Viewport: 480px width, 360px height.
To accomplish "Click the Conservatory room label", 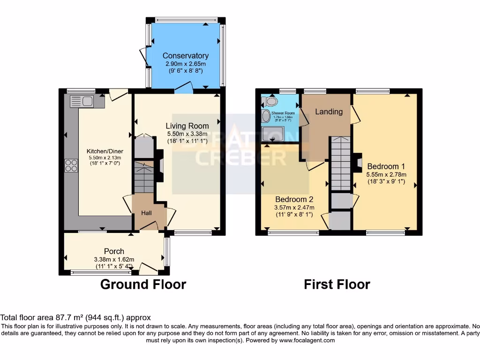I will pyautogui.click(x=185, y=56).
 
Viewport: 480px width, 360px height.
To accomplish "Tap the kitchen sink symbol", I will pyautogui.click(x=82, y=101).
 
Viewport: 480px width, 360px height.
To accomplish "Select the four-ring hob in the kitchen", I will pyautogui.click(x=71, y=165).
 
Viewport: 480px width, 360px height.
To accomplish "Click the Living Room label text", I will pyautogui.click(x=187, y=126).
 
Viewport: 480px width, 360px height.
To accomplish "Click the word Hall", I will pyautogui.click(x=147, y=213).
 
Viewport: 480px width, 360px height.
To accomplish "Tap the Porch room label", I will pyautogui.click(x=114, y=251).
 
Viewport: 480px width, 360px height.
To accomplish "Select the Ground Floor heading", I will pyautogui.click(x=143, y=284).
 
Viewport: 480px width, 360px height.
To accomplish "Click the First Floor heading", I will pyautogui.click(x=337, y=284).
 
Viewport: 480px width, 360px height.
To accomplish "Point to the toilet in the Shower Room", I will pyautogui.click(x=270, y=101).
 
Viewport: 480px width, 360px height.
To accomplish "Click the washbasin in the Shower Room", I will pyautogui.click(x=266, y=116).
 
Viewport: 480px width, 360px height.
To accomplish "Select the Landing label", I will pyautogui.click(x=329, y=112).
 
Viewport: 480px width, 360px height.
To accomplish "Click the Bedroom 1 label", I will pyautogui.click(x=386, y=166).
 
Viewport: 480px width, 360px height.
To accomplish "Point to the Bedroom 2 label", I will pyautogui.click(x=294, y=199).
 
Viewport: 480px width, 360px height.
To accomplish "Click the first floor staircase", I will pyautogui.click(x=341, y=164).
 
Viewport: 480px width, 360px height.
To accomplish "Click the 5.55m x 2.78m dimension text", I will pyautogui.click(x=386, y=174).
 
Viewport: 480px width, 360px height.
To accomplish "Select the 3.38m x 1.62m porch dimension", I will pyautogui.click(x=114, y=259).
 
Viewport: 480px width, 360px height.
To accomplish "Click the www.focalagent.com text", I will pyautogui.click(x=308, y=340).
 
